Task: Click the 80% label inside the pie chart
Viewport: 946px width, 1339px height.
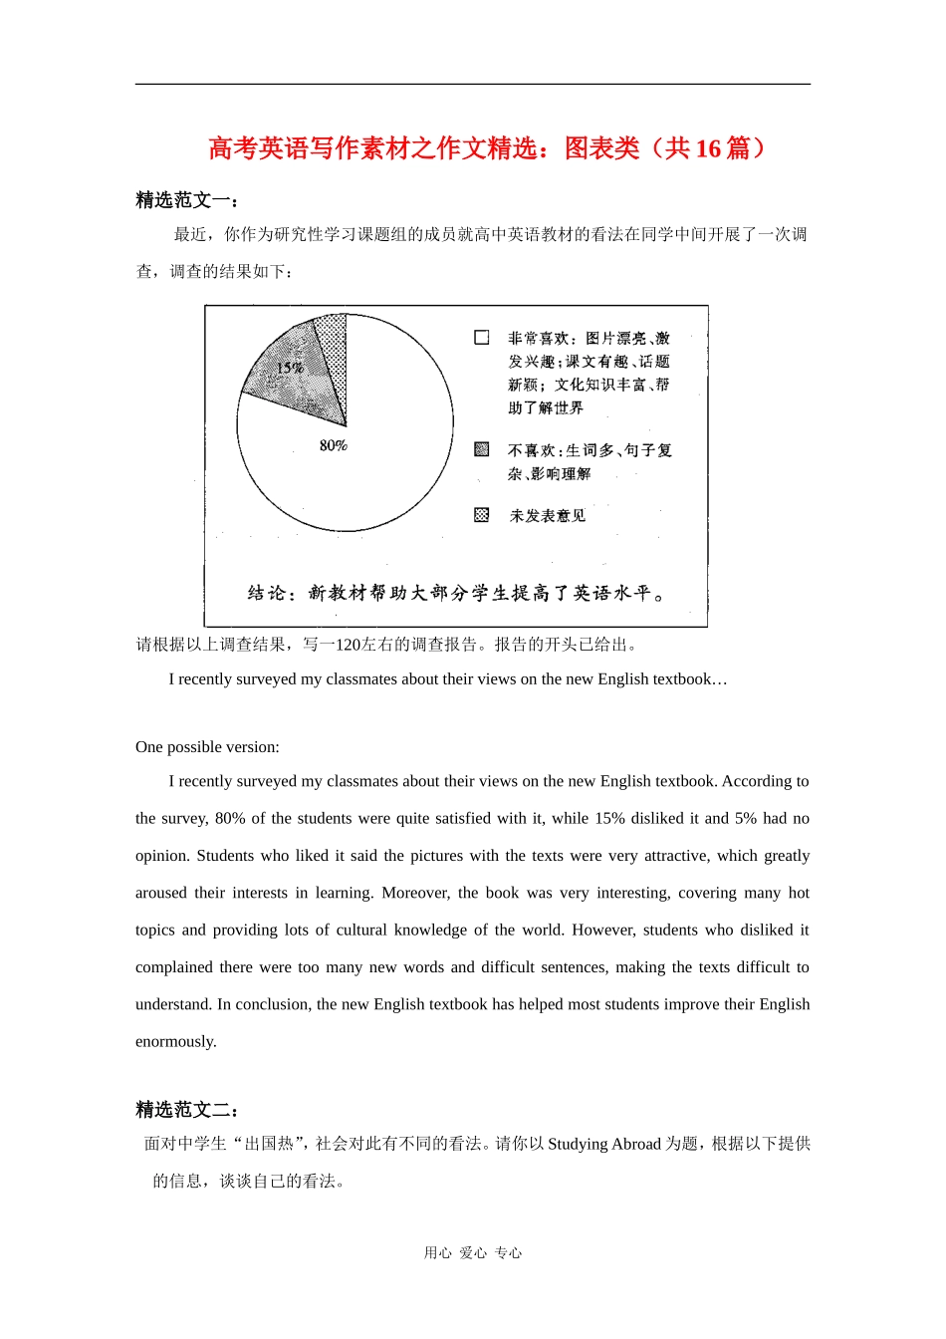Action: (334, 445)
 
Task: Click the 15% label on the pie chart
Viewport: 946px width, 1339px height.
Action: (290, 369)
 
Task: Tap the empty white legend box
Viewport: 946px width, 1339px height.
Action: (482, 338)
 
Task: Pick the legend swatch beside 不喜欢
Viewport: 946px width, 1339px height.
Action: (482, 449)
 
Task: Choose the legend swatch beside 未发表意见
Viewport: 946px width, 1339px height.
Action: (482, 515)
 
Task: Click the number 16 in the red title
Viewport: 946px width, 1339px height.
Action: (708, 148)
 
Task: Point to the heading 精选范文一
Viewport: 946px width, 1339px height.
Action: (186, 200)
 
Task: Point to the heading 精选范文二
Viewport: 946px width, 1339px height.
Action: (186, 1110)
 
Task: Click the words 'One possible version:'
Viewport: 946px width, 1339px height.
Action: (207, 747)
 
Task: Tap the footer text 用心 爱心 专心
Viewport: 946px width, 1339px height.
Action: (473, 1253)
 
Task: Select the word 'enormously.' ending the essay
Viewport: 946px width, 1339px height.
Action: (176, 1042)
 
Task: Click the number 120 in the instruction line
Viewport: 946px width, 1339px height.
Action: (348, 645)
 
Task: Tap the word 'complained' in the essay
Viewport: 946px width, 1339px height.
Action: (174, 967)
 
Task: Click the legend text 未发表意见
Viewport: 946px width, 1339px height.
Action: (548, 516)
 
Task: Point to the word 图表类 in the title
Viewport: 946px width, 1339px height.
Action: (601, 148)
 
